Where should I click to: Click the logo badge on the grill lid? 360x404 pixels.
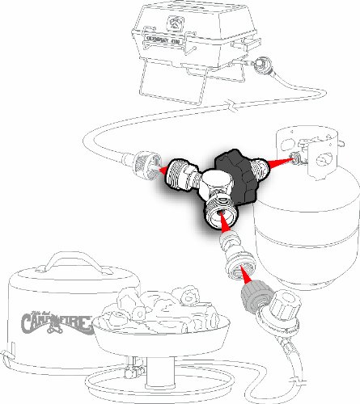coord(175,19)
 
